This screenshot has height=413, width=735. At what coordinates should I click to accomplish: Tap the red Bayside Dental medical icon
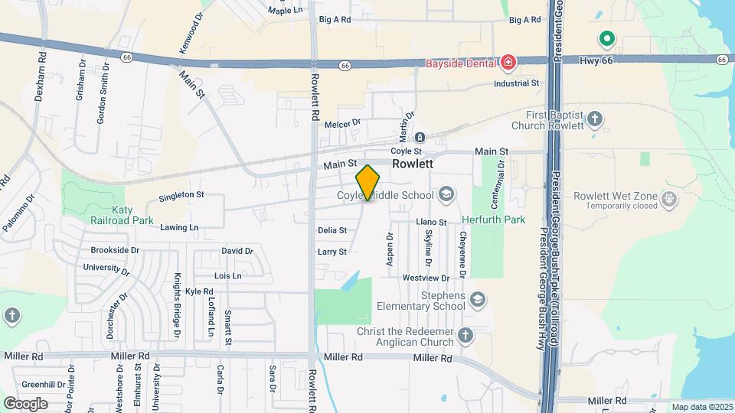click(508, 61)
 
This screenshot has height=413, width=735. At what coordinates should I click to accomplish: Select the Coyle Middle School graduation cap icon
click(446, 195)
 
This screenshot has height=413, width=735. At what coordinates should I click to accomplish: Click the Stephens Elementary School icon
click(479, 298)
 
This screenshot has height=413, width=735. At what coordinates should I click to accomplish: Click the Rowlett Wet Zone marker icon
click(670, 200)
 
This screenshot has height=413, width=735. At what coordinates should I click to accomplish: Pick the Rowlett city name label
click(413, 164)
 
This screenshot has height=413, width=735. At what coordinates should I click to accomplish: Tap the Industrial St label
click(517, 83)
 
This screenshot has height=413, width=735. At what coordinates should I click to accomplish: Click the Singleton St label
click(181, 196)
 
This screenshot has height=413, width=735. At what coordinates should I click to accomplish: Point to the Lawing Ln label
click(179, 227)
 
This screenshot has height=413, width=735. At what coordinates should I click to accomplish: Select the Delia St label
click(332, 230)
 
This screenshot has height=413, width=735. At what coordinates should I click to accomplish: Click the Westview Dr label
click(426, 278)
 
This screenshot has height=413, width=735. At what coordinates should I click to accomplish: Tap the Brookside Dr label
click(115, 250)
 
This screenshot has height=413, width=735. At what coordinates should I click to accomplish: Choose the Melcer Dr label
click(342, 123)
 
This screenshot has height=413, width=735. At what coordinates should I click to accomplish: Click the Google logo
click(25, 403)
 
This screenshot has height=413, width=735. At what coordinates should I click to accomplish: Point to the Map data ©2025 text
click(701, 407)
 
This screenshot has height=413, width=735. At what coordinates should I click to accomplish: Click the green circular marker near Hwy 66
click(607, 37)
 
